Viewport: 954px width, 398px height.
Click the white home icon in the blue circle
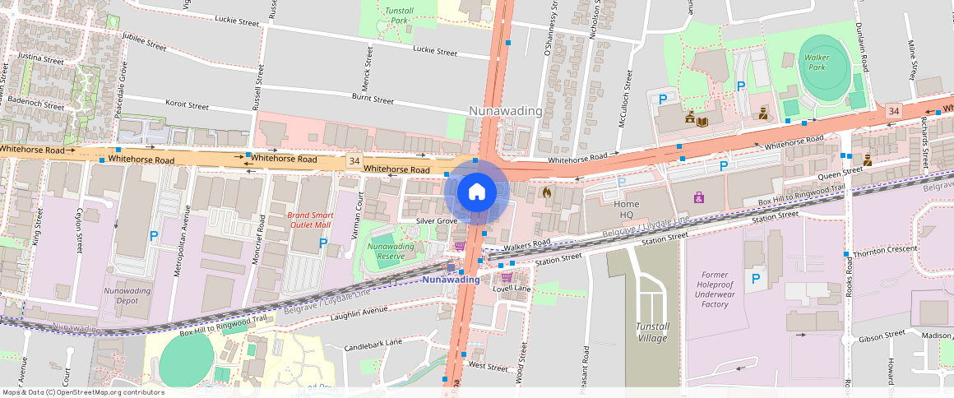pyautogui.click(x=476, y=192)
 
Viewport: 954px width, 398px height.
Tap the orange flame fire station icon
pyautogui.click(x=547, y=192)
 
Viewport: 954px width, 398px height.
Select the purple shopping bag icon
pyautogui.click(x=698, y=197)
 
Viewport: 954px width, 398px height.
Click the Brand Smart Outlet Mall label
pyautogui.click(x=308, y=220)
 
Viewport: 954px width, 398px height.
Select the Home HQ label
pyautogui.click(x=627, y=209)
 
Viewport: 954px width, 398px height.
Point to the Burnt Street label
pyautogui.click(x=373, y=99)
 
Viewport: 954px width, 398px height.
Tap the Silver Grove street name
pyautogui.click(x=436, y=221)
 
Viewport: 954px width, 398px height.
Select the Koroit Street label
pyautogui.click(x=188, y=105)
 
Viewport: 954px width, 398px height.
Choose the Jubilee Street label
pyautogui.click(x=144, y=38)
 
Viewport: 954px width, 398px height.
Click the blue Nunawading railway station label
pyautogui.click(x=451, y=280)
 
